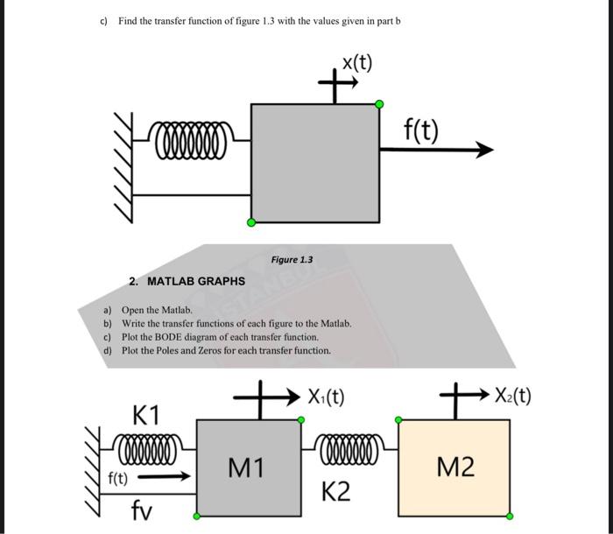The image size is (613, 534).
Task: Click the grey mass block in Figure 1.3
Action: coord(315,163)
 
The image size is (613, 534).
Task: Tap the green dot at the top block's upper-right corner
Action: coord(379,104)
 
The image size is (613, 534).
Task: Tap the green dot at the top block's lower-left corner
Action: coord(251,222)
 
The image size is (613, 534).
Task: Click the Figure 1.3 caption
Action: coord(292,260)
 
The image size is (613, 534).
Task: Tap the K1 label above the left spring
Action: coord(145,413)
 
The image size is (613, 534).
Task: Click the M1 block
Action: coord(246,468)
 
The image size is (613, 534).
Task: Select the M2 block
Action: coord(454,468)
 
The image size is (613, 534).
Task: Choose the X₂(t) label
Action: coord(512,397)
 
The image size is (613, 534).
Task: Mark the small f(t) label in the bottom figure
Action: coord(117,479)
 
